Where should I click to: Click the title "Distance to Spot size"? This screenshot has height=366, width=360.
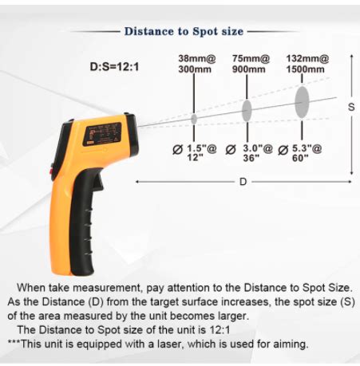[x=184, y=31]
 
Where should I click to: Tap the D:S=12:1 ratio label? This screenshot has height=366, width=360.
[x=114, y=66]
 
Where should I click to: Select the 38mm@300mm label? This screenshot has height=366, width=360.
[x=197, y=64]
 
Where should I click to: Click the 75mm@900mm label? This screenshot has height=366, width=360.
[x=251, y=64]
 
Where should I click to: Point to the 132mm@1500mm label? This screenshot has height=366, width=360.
[x=307, y=64]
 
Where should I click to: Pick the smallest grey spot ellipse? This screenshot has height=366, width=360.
[x=194, y=119]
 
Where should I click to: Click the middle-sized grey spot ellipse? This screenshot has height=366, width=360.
[x=247, y=110]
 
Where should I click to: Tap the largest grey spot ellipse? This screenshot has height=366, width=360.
[x=302, y=102]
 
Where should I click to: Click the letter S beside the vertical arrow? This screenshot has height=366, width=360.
[x=351, y=107]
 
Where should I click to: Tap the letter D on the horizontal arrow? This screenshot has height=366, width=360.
[x=243, y=182]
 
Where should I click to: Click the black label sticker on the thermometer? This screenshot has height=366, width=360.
[x=103, y=134]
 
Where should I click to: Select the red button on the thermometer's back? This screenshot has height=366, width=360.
[x=51, y=171]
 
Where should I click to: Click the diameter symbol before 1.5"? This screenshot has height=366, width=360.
[x=177, y=150]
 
